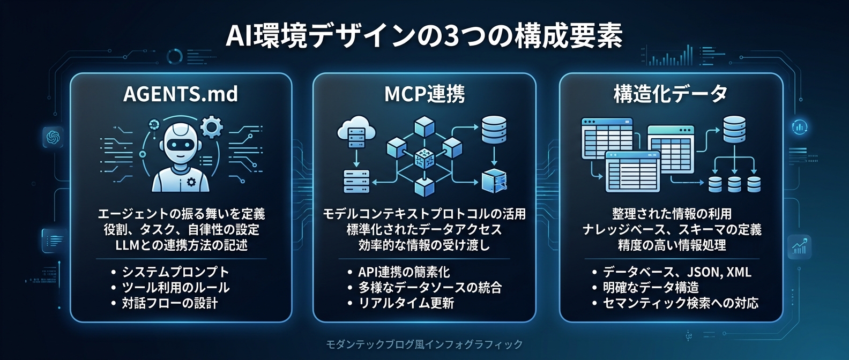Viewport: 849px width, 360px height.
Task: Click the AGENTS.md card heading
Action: pos(181,94)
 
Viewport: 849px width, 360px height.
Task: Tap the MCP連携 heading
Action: pos(424,94)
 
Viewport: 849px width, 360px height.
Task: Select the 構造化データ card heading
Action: pos(671,94)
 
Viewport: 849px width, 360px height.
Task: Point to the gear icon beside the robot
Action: pos(212,127)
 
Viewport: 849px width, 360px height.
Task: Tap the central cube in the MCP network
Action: pos(424,158)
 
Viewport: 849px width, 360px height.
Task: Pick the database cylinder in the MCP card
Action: pos(494,130)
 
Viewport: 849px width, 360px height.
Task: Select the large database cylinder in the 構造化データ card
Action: pos(734,129)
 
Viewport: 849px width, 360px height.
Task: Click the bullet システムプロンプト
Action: pos(175,272)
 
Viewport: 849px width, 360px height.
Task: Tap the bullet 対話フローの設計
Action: pos(169,303)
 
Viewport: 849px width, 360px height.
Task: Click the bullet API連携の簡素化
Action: pos(404,272)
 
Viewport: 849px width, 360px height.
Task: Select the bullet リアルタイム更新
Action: pos(406,303)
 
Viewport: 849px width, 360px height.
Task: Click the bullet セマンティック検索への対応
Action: pos(681,303)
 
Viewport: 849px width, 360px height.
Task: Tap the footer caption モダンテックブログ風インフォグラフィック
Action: pos(424,344)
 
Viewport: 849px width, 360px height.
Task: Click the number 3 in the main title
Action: pos(451,36)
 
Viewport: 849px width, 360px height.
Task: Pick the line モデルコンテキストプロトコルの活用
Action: pos(424,214)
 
